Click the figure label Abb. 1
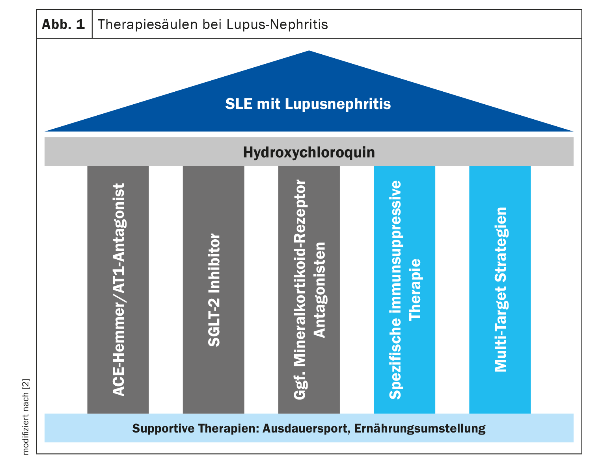pos(63,24)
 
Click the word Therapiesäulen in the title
pos(147,24)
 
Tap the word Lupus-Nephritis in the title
pos(277,24)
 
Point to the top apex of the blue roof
pos(309,50)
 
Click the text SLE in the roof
pos(239,104)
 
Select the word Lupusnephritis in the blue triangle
pos(338,104)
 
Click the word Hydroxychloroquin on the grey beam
pos(309,152)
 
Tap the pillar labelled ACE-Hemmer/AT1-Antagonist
pos(118,290)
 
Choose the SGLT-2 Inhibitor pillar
pos(214,290)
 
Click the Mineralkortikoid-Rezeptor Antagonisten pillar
pos(309,290)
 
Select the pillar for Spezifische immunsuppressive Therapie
pos(404,290)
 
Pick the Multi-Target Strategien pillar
pos(500,290)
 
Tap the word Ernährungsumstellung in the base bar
pos(420,429)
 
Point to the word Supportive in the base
pos(163,429)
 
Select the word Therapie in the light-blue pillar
pos(415,289)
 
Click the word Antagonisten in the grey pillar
pos(319,290)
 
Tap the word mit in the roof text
pos(268,104)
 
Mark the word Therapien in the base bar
pos(228,429)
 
